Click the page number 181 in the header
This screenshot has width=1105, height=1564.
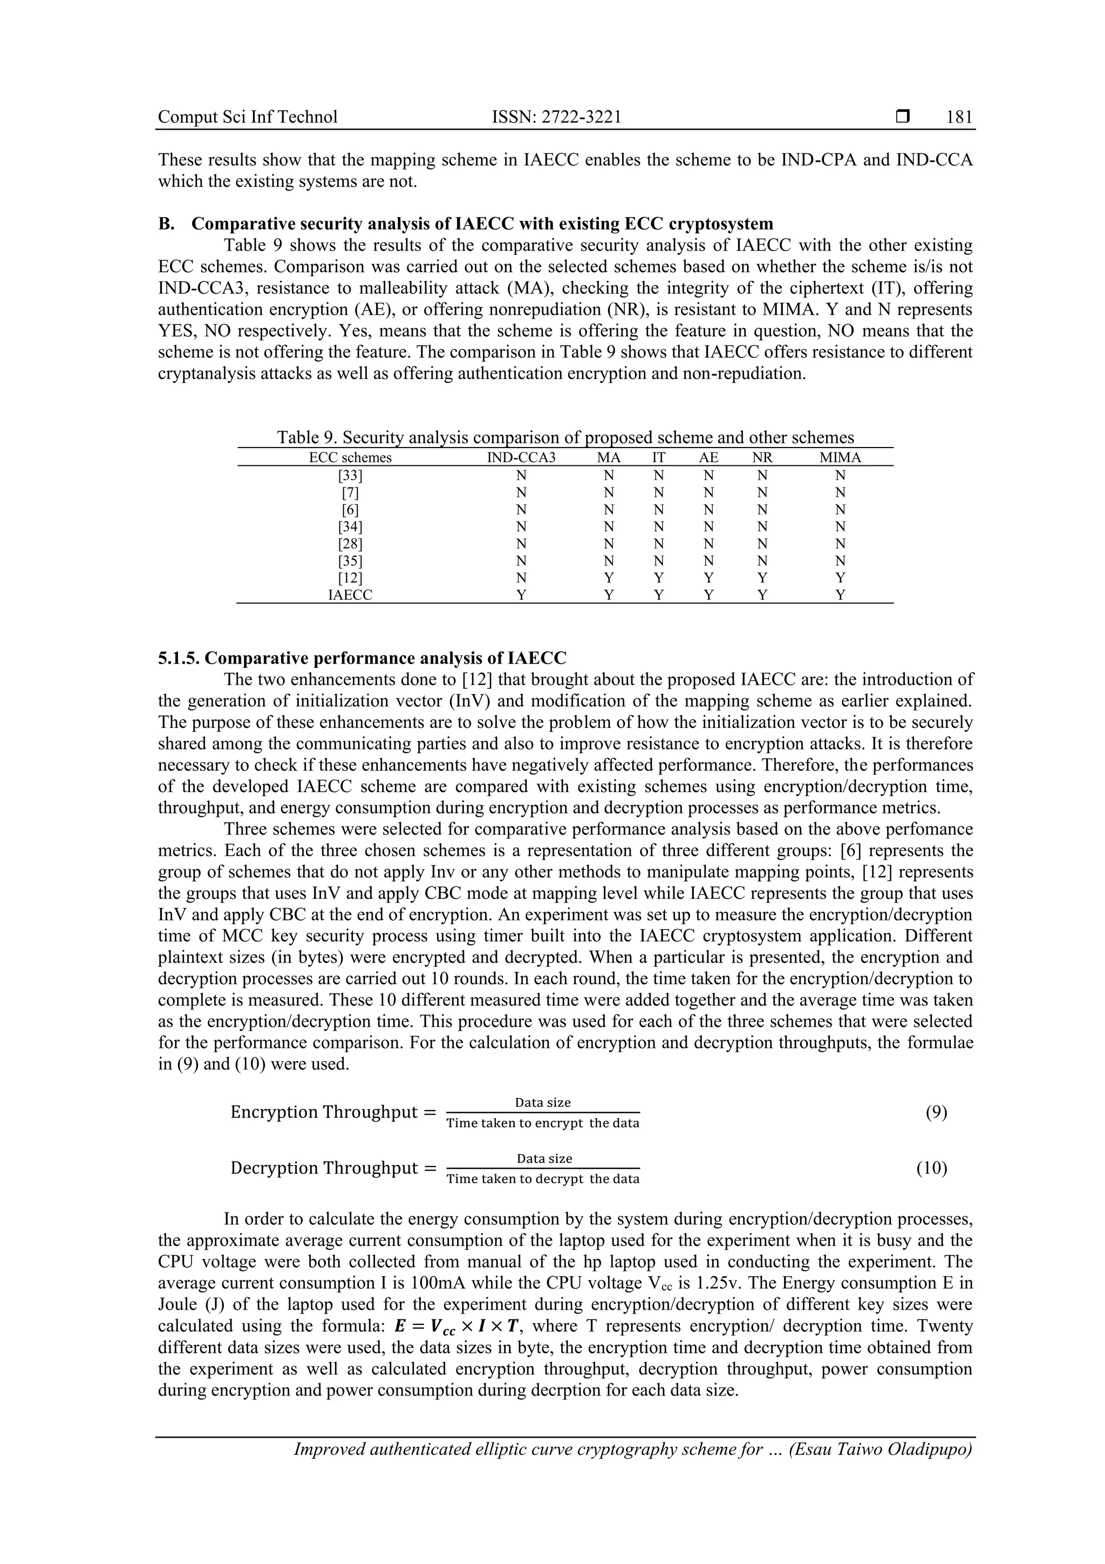point(959,117)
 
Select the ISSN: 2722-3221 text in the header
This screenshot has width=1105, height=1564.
point(556,117)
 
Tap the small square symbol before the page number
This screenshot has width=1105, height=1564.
point(903,117)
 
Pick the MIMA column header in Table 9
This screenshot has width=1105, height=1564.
point(840,458)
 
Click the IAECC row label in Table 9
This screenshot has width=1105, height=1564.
point(350,595)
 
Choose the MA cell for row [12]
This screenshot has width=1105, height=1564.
point(609,578)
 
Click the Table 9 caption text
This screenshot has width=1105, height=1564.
point(565,437)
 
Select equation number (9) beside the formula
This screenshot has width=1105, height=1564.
point(936,1112)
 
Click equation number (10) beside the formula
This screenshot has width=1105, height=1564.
point(931,1168)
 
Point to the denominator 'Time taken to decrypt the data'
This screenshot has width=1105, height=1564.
point(543,1179)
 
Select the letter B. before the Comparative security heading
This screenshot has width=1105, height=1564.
point(166,224)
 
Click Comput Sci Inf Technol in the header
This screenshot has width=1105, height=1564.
point(248,117)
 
